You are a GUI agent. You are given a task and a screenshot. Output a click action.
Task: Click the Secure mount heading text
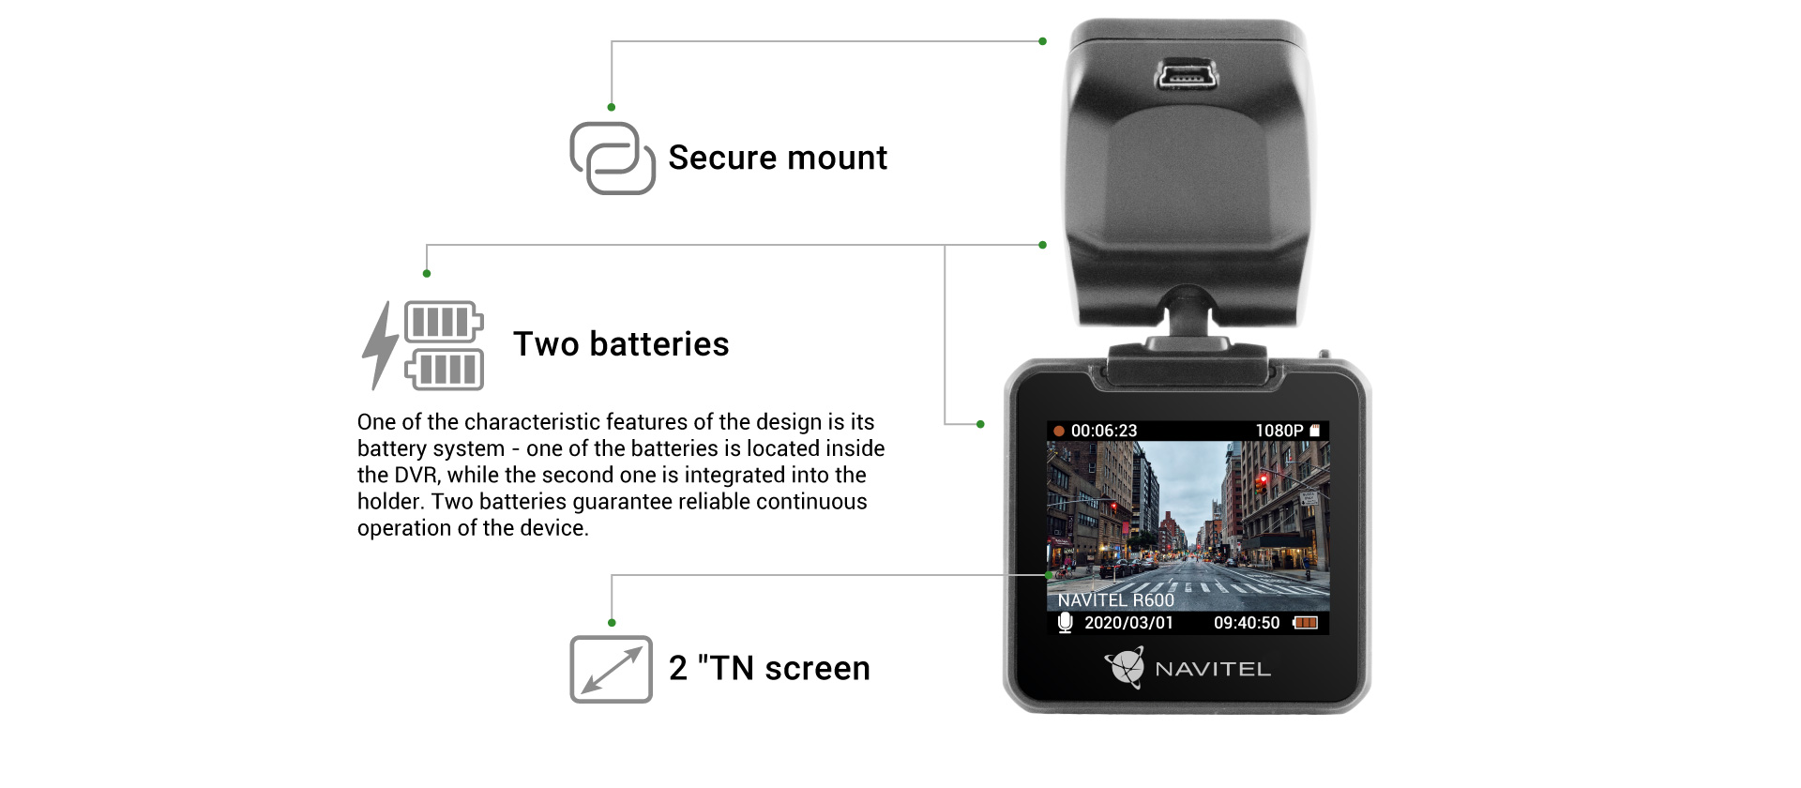click(777, 158)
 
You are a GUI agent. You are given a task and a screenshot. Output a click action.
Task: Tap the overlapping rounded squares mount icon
click(613, 159)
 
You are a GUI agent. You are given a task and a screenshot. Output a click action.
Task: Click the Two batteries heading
click(620, 344)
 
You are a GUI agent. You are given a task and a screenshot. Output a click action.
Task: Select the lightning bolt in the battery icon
click(380, 345)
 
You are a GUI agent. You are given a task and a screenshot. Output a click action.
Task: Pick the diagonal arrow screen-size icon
click(611, 669)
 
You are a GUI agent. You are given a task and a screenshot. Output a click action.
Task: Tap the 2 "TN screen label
click(769, 669)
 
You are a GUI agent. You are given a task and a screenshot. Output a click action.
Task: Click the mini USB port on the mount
click(1186, 75)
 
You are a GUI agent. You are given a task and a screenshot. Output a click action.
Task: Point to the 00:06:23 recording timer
click(1104, 431)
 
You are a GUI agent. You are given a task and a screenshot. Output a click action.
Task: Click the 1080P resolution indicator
click(1279, 431)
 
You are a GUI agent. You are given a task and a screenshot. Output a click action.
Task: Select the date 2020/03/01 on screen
click(1128, 623)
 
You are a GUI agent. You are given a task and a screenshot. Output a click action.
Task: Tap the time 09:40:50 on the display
click(1246, 623)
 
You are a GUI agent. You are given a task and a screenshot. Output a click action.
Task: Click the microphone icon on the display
click(1065, 623)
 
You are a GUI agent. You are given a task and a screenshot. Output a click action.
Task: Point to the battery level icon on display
click(1306, 623)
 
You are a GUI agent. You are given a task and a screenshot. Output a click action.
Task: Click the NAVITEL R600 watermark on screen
click(1115, 600)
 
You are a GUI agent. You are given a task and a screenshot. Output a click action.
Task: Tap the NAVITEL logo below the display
click(1188, 668)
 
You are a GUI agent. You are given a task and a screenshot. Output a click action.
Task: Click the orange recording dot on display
click(1059, 432)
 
